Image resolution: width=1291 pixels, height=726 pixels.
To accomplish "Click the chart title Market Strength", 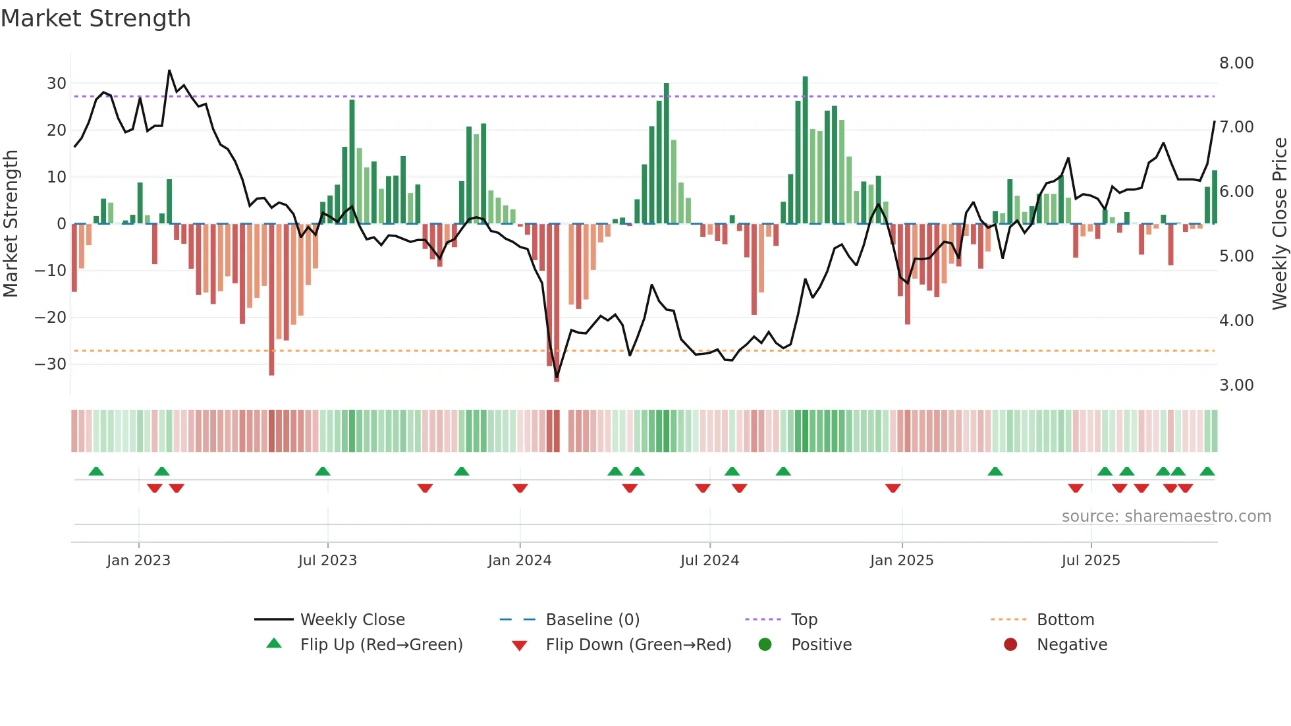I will point(96,18).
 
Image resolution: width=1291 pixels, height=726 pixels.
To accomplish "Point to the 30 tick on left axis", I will point(56,84).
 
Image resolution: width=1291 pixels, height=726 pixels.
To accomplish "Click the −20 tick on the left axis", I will point(51,318).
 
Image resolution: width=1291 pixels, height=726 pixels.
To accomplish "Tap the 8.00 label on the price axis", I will point(1236,63).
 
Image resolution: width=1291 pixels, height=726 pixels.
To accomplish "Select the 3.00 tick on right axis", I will point(1236,385).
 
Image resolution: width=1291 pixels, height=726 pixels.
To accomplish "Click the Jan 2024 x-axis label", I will point(520,561).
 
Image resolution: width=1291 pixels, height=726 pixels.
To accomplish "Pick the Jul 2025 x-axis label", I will point(1091,561).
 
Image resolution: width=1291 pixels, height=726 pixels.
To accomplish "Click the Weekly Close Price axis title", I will point(1279,224).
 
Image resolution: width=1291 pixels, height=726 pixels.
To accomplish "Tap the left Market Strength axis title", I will point(11,224).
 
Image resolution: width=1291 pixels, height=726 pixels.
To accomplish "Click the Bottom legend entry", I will point(1065,620).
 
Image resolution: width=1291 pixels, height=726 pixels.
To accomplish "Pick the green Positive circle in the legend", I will point(765,645).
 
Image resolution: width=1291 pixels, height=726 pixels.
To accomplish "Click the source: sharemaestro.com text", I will point(1166,517).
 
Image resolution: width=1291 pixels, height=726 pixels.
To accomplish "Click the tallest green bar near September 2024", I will point(805,150).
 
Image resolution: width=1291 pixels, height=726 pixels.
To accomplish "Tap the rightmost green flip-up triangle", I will point(1207,472).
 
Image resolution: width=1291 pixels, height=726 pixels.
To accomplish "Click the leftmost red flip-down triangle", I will point(155,488).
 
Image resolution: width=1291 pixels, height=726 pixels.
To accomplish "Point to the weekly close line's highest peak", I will point(169,70).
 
